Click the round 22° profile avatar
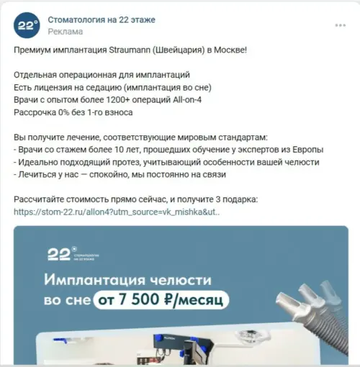tap(27, 25)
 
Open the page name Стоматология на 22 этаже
tap(102, 19)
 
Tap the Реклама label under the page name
tap(66, 32)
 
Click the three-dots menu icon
tap(341, 25)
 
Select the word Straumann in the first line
tap(130, 50)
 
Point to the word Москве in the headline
tap(230, 50)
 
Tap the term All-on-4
tap(187, 100)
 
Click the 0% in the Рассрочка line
tap(63, 112)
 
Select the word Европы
tap(308, 150)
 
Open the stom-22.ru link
tap(117, 212)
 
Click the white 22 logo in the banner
tap(59, 254)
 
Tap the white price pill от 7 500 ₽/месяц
tap(161, 300)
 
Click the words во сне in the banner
tap(67, 301)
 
